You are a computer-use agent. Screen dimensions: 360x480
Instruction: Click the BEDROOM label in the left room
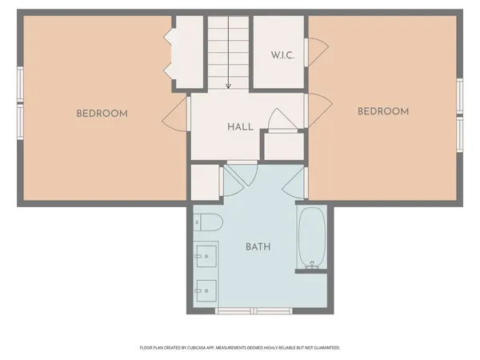pyautogui.click(x=102, y=114)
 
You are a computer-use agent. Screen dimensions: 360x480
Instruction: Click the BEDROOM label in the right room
pyautogui.click(x=382, y=111)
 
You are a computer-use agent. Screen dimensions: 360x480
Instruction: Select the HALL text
pyautogui.click(x=240, y=127)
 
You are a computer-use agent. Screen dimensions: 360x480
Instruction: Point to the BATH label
pyautogui.click(x=258, y=246)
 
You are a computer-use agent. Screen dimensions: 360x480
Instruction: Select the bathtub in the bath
pyautogui.click(x=310, y=238)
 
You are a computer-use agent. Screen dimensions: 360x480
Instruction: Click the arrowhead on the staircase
pyautogui.click(x=229, y=85)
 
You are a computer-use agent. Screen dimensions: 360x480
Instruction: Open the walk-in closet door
pyautogui.click(x=316, y=51)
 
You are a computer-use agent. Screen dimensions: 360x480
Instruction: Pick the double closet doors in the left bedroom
pyautogui.click(x=169, y=54)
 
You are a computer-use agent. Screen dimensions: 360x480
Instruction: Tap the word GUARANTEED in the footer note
pyautogui.click(x=327, y=348)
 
